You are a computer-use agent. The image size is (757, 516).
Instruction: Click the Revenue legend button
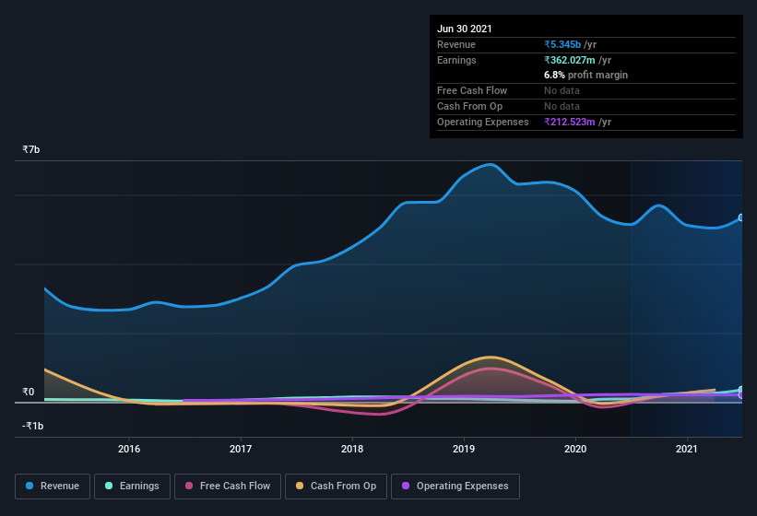pyautogui.click(x=53, y=486)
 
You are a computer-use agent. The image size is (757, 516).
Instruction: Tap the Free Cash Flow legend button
pyautogui.click(x=227, y=486)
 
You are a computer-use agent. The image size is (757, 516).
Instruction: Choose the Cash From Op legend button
pyautogui.click(x=336, y=486)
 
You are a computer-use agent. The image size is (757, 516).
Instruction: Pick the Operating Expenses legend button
pyautogui.click(x=455, y=486)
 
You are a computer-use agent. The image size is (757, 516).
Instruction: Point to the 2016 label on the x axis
pyautogui.click(x=129, y=450)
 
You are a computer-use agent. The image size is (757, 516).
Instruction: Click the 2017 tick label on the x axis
pyautogui.click(x=241, y=450)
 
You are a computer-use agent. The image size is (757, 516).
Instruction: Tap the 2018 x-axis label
pyautogui.click(x=352, y=450)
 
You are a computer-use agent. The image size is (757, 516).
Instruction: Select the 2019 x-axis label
pyautogui.click(x=464, y=450)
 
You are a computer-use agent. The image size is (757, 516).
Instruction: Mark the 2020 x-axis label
pyautogui.click(x=575, y=450)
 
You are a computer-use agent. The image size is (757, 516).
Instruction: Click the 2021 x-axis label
pyautogui.click(x=687, y=450)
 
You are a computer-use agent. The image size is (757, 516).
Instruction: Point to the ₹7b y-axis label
pyautogui.click(x=31, y=149)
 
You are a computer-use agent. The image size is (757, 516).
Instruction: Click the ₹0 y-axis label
pyautogui.click(x=29, y=393)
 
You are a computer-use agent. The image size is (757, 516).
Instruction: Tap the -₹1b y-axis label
pyautogui.click(x=32, y=427)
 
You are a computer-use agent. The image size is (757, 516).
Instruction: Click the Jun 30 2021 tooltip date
pyautogui.click(x=465, y=29)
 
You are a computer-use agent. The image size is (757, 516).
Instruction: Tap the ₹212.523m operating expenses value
pyautogui.click(x=577, y=122)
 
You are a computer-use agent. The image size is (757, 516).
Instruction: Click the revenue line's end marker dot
pyautogui.click(x=741, y=218)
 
